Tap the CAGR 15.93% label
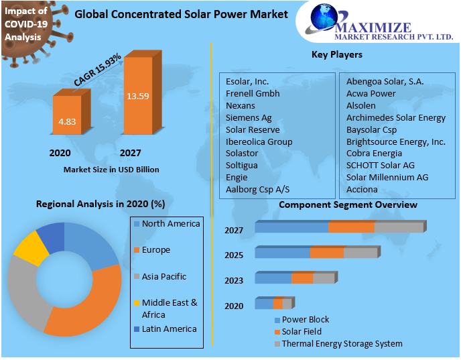coord(97,70)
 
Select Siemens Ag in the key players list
coord(249,117)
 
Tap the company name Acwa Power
coord(371,93)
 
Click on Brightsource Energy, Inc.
coord(395,141)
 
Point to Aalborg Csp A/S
coord(257,189)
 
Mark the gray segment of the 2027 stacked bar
coord(399,228)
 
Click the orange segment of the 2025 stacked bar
coord(327,253)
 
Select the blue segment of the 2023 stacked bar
coord(273,278)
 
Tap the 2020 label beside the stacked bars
coord(234,306)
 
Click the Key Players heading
coord(337,54)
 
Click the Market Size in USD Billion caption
coord(111,170)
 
